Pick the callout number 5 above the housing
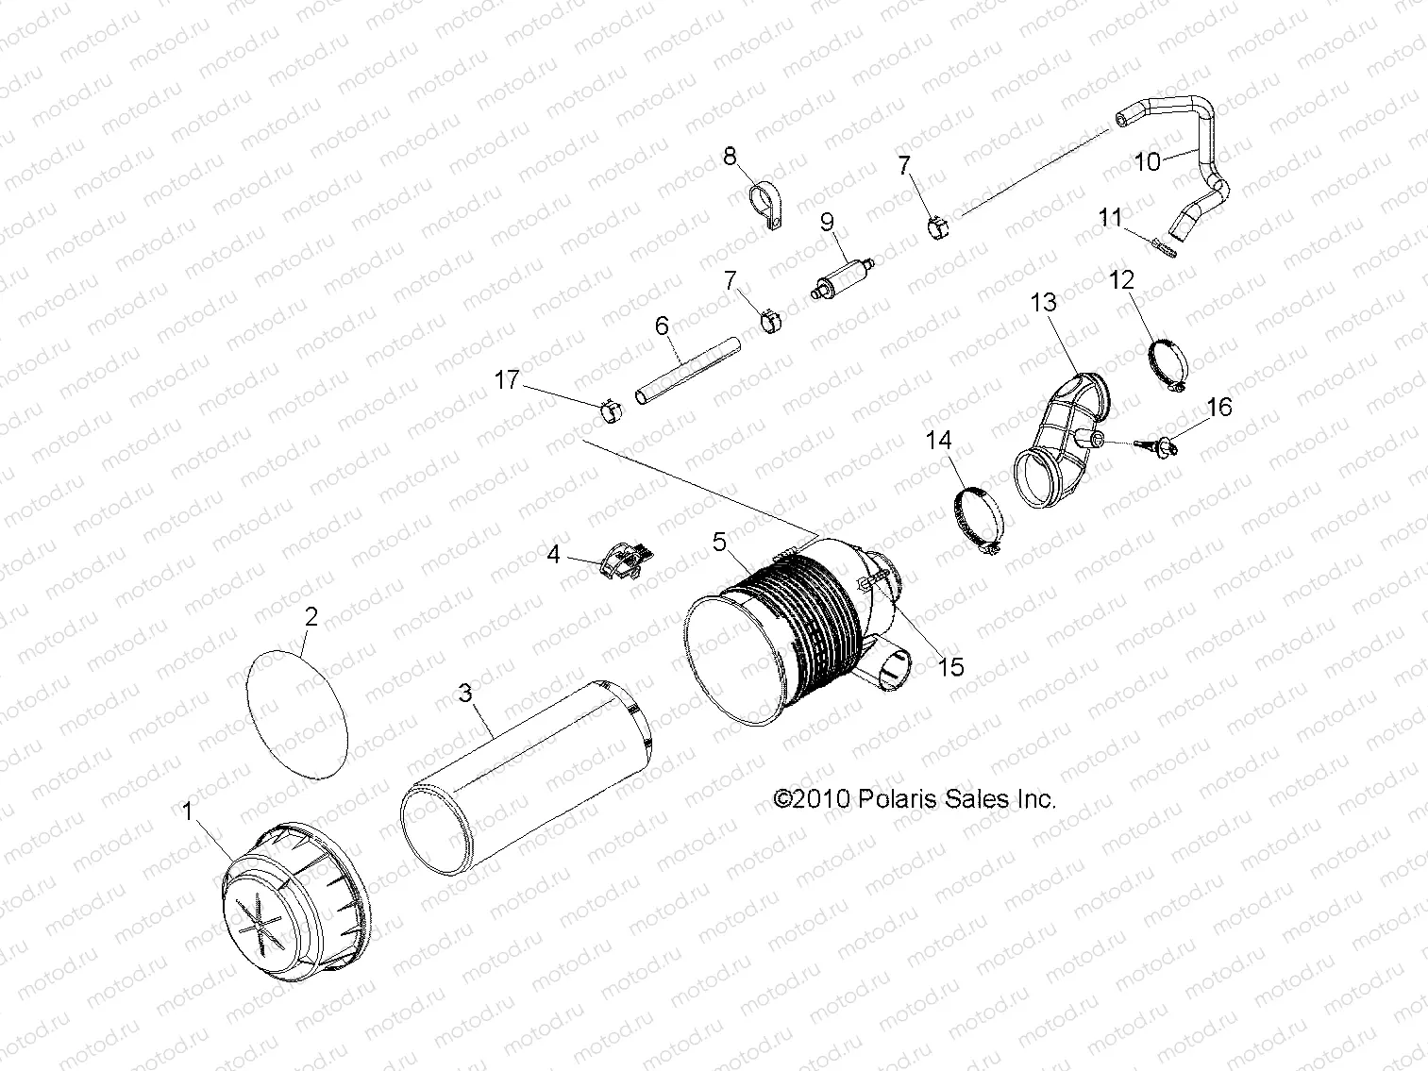pos(718,542)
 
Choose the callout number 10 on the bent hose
pos(1147,161)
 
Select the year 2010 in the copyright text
pos(823,798)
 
